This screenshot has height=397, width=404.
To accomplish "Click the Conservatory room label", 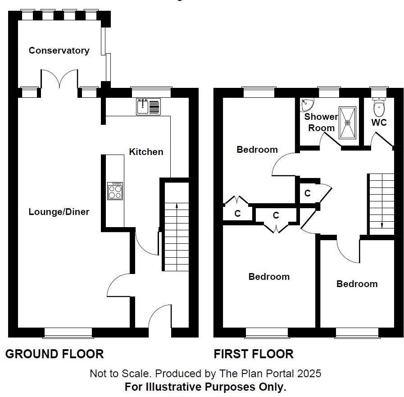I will tap(59, 50).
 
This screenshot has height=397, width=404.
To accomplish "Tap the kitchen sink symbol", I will tap(148, 107).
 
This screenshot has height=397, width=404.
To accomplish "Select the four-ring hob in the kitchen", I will tap(115, 191).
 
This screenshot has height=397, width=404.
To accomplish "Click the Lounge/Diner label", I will tap(59, 212).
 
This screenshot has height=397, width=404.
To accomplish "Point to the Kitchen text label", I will tap(146, 152).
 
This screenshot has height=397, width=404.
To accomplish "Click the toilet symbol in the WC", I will tap(379, 107).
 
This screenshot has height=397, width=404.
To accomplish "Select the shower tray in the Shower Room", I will tap(347, 122).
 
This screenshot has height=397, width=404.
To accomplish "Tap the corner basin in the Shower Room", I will tap(307, 105).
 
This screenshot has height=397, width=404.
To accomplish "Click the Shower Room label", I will tap(321, 122).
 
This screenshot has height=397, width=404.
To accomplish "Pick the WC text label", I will tap(379, 123).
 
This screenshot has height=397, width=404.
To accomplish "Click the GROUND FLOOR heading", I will tap(54, 354).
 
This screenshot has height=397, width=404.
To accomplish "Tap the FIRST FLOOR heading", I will tap(254, 354).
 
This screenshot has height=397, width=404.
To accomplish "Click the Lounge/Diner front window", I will tap(68, 333).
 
